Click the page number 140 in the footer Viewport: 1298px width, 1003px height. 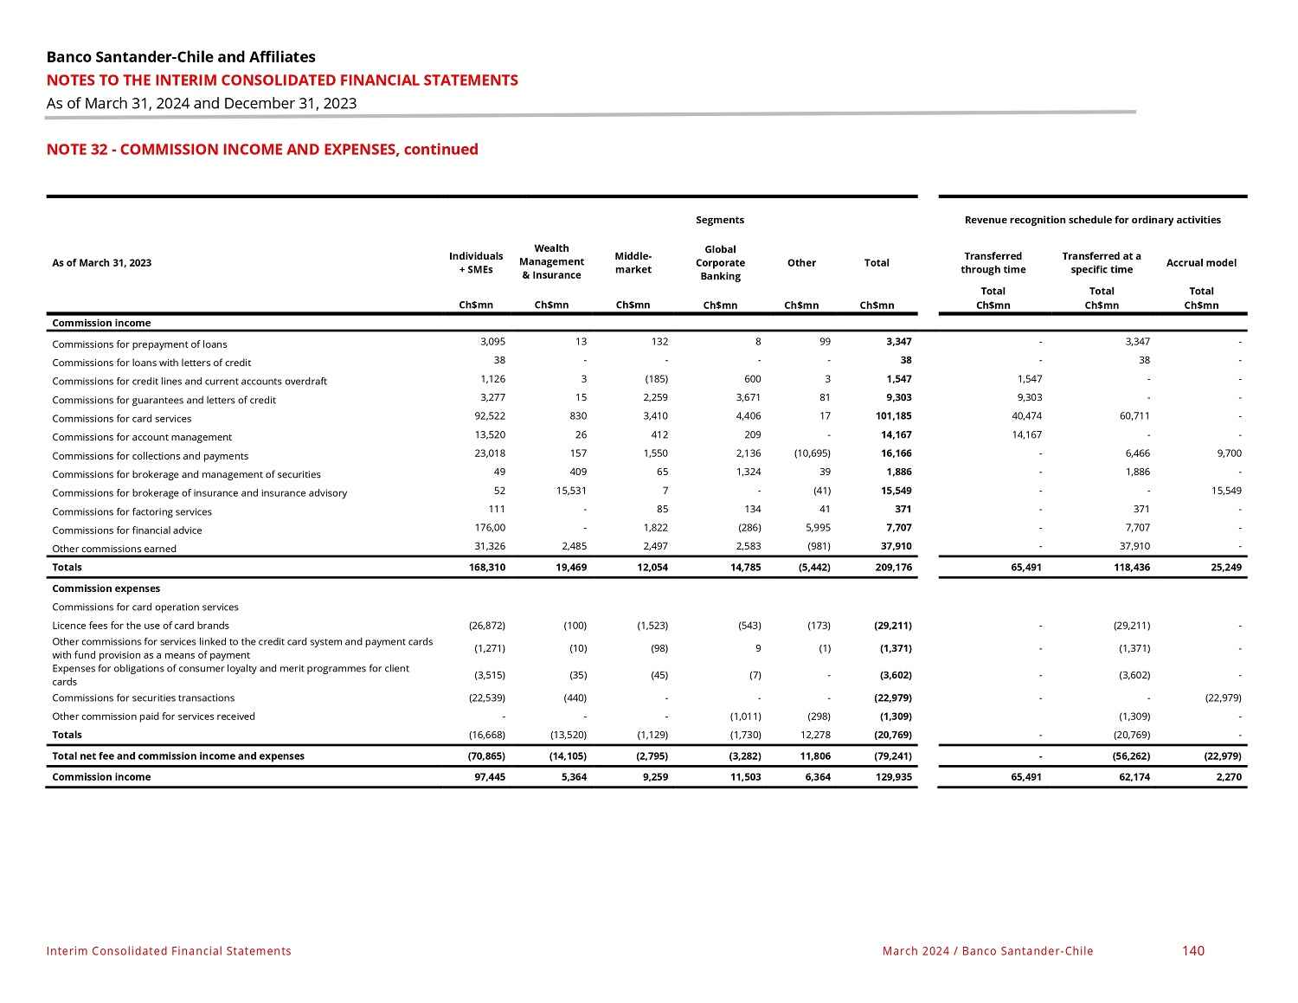point(1192,951)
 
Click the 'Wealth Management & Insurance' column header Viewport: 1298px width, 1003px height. point(552,262)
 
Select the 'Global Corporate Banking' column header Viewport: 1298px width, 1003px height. point(720,263)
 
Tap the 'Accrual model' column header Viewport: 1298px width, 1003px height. point(1201,263)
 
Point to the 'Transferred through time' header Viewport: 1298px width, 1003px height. point(993,263)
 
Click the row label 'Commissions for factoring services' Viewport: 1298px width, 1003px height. point(132,511)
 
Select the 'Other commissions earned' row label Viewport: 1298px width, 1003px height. point(114,549)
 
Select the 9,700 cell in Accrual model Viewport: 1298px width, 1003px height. point(1228,453)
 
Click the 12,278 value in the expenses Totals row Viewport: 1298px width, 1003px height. point(813,735)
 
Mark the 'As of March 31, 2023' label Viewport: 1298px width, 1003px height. point(102,263)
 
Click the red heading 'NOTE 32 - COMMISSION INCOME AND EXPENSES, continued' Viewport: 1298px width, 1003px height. point(262,150)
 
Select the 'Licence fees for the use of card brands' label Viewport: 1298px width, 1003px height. point(141,626)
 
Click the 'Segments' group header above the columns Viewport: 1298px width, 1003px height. point(720,220)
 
